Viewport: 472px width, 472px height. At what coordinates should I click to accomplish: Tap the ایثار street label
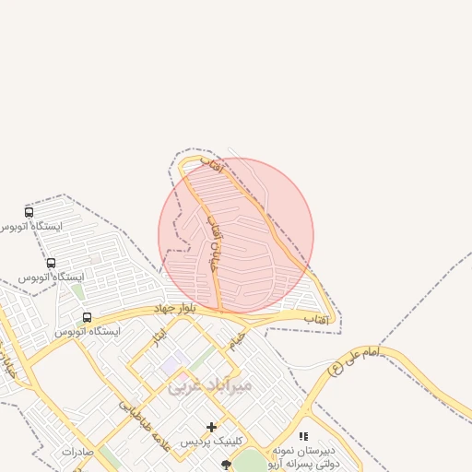[160, 336]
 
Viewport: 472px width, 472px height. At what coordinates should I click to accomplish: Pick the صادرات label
[78, 452]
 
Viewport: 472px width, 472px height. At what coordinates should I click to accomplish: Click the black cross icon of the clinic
[212, 427]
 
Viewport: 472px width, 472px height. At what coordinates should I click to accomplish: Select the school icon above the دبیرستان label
[303, 436]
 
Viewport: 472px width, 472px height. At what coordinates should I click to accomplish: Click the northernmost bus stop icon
[29, 212]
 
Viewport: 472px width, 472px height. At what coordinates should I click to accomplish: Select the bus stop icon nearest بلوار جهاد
[87, 317]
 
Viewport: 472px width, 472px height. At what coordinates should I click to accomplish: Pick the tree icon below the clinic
[227, 465]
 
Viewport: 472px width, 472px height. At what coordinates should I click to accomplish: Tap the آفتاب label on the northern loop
[212, 165]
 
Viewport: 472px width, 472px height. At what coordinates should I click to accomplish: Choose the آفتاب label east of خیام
[316, 318]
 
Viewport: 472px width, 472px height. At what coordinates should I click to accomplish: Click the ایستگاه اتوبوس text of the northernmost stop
[32, 226]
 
